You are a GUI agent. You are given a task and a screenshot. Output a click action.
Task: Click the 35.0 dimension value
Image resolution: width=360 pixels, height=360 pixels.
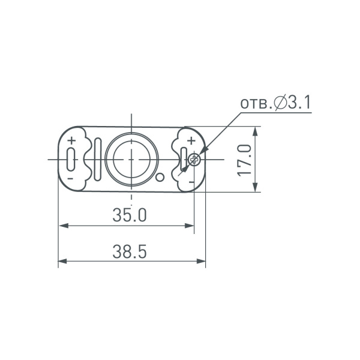(130, 215)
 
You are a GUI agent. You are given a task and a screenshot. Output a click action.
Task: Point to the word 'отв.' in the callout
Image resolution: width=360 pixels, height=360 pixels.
(256, 104)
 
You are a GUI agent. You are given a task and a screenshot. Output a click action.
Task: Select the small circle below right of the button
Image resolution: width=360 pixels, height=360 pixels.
(160, 177)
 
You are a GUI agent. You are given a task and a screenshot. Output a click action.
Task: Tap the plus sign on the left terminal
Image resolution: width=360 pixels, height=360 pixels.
(71, 142)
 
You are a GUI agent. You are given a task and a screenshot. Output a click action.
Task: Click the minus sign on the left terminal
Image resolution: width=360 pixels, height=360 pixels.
(71, 179)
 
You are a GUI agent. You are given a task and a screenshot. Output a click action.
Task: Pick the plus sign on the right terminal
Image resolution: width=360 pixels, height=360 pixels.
(190, 142)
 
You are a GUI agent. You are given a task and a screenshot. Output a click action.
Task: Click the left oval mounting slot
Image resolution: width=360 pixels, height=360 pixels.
(71, 160)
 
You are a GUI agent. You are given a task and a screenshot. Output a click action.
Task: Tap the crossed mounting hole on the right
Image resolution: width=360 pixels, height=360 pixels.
(194, 160)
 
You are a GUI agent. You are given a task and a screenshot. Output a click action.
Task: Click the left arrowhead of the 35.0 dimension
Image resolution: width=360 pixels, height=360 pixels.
(62, 226)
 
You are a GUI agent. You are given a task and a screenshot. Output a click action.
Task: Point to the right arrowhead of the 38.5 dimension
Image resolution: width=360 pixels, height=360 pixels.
(202, 262)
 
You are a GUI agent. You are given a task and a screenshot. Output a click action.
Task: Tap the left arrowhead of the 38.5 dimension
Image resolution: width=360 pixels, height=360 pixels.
(62, 262)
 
